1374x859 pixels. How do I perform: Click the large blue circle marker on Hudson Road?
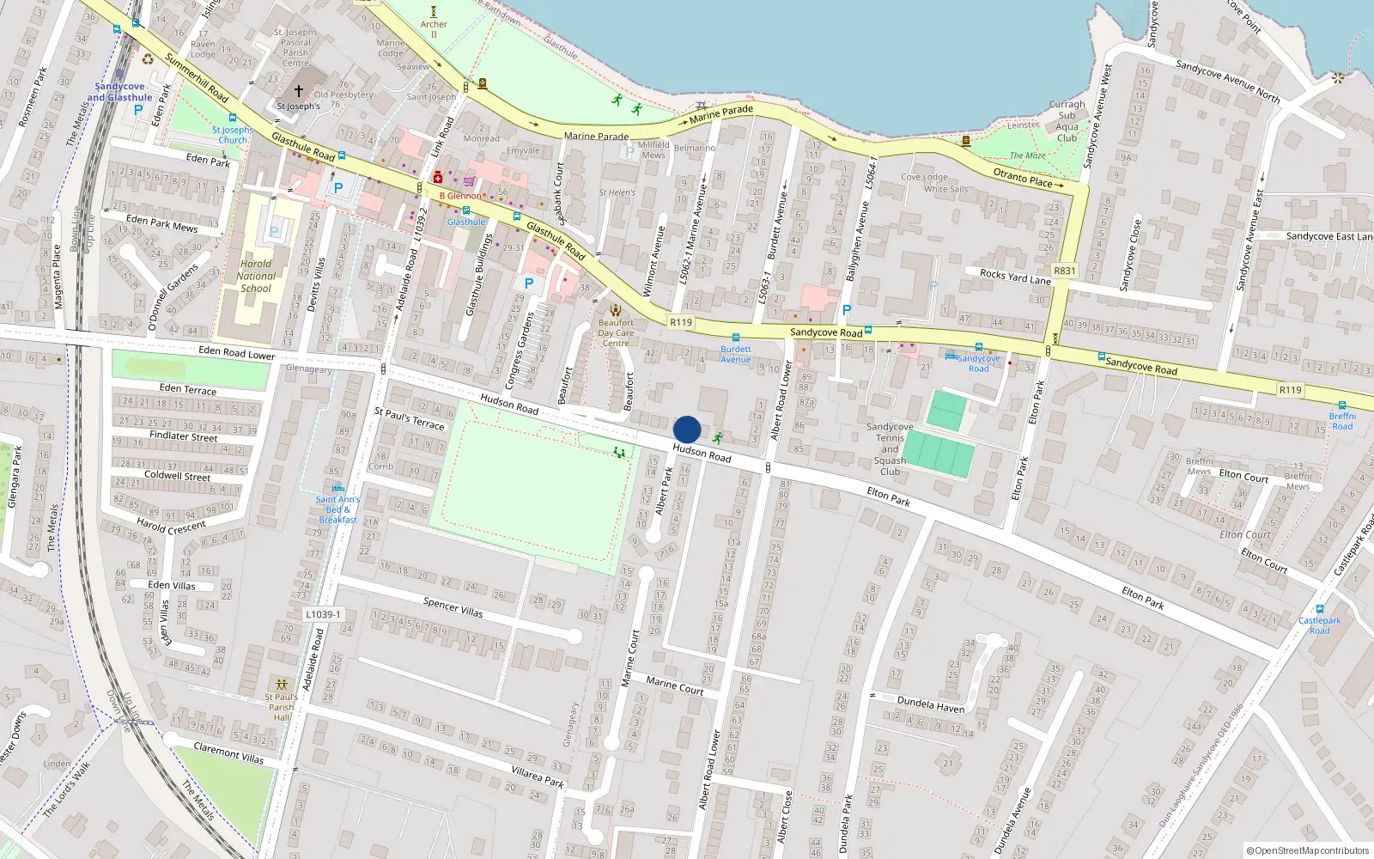(687, 429)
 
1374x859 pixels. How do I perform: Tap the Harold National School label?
(256, 277)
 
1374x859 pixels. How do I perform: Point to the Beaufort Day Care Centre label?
(616, 333)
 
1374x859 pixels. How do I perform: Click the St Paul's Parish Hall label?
(282, 707)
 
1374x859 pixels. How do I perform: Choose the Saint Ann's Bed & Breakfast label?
(337, 509)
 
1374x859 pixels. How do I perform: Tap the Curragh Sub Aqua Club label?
(1067, 121)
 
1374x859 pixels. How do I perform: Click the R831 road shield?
(1064, 271)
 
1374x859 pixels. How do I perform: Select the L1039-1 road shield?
(323, 614)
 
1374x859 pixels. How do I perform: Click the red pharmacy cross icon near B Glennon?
(438, 178)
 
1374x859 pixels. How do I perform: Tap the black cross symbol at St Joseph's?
(299, 90)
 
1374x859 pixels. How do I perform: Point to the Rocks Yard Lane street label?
(1015, 277)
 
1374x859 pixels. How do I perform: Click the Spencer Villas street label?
(453, 607)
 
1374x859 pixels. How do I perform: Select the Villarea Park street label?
(538, 777)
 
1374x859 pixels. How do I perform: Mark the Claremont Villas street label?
(228, 753)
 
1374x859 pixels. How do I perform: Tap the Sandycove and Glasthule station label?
(119, 92)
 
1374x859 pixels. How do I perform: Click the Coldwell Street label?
(177, 475)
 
